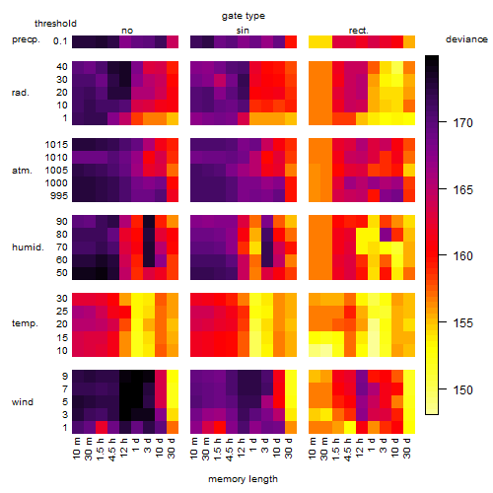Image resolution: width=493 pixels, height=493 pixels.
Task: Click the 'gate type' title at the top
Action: click(244, 16)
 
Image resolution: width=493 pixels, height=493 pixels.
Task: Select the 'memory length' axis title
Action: click(243, 479)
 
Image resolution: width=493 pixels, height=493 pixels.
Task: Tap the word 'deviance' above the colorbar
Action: click(466, 39)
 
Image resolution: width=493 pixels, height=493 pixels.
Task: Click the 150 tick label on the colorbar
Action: click(463, 390)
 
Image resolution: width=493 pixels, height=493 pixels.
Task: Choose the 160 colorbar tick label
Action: click(463, 255)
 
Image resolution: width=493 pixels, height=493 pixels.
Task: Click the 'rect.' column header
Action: click(359, 31)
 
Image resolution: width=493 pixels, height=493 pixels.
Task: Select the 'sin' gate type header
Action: click(243, 31)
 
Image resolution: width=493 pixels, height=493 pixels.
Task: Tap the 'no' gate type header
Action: click(127, 31)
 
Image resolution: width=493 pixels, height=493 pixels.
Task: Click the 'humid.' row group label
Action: click(28, 247)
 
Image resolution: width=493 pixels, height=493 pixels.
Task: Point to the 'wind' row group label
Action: click(23, 402)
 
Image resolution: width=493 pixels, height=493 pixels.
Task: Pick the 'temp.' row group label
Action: click(25, 323)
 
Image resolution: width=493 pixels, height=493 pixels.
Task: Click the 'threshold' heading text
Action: click(55, 24)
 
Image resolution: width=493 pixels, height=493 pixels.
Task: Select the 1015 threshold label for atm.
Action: click(56, 145)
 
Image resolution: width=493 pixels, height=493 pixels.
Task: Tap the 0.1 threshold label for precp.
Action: click(60, 41)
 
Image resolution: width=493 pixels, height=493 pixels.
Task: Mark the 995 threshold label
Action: click(59, 196)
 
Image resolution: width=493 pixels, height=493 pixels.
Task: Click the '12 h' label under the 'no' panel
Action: click(123, 448)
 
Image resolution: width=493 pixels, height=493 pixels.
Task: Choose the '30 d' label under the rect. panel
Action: click(407, 448)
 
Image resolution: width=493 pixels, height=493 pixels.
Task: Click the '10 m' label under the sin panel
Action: click(194, 449)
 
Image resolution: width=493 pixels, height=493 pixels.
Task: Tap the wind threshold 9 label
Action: click(65, 377)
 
